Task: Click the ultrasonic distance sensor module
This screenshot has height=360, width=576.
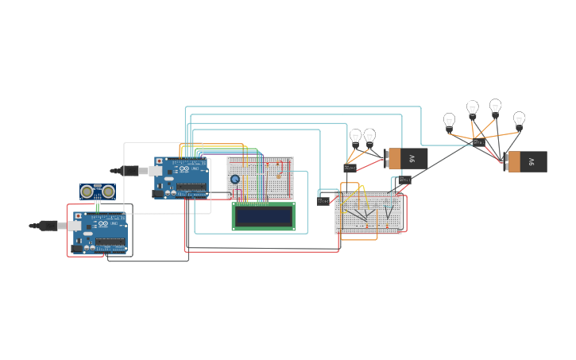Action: click(97, 192)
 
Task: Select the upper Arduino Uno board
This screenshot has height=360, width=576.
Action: click(181, 177)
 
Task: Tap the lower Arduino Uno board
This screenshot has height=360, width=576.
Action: click(100, 232)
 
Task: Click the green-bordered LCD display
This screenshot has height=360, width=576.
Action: click(263, 216)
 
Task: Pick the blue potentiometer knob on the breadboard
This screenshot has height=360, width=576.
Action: click(235, 179)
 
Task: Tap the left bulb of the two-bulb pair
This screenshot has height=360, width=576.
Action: click(355, 137)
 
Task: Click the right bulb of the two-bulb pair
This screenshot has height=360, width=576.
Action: click(369, 137)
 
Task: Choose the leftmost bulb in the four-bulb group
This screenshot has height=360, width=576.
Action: click(449, 122)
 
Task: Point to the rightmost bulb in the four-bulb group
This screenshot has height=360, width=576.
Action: click(519, 119)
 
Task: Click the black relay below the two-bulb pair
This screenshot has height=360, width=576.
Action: click(350, 168)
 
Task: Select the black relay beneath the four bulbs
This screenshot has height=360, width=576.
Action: click(478, 143)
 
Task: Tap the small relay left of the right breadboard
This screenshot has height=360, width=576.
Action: click(323, 201)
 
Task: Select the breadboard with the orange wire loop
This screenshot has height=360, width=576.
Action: click(369, 213)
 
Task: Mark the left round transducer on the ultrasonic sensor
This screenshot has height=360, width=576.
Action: click(87, 192)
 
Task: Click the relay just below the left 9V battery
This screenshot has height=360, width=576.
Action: click(404, 180)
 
